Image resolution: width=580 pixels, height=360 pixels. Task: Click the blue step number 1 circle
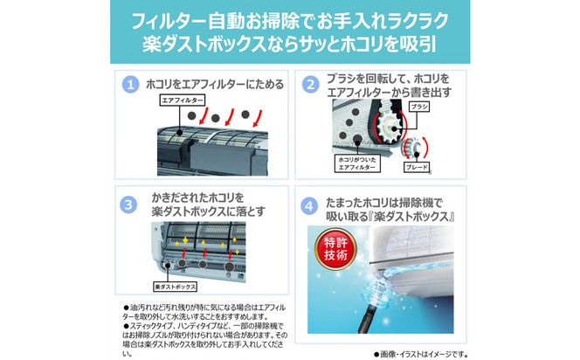tap(130, 87)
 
